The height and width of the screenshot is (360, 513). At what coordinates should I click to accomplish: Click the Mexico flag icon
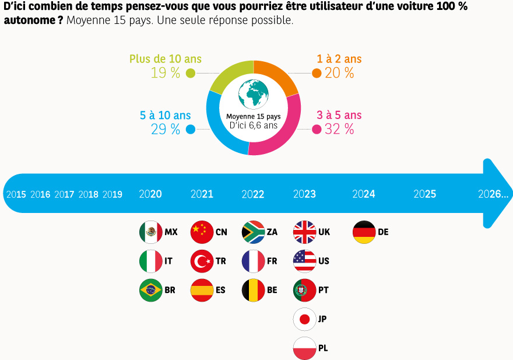click(151, 232)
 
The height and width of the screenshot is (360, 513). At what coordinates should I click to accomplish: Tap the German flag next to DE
click(364, 232)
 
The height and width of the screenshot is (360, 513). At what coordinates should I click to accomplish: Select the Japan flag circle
click(304, 319)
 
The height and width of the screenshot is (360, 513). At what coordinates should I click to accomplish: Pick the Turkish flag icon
click(202, 261)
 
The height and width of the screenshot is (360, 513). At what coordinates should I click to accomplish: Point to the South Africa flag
click(253, 232)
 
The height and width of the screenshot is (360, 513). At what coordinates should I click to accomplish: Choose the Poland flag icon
click(304, 348)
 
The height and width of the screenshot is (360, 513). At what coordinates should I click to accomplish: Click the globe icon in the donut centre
click(254, 94)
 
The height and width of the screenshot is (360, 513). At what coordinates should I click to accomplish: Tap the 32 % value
click(339, 130)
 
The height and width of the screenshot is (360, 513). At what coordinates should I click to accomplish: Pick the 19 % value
click(166, 73)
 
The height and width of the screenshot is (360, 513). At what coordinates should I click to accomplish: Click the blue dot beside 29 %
click(190, 130)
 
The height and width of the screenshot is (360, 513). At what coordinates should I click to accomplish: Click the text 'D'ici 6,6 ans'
click(254, 125)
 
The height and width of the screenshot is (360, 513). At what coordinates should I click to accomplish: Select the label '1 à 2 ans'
click(339, 59)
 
